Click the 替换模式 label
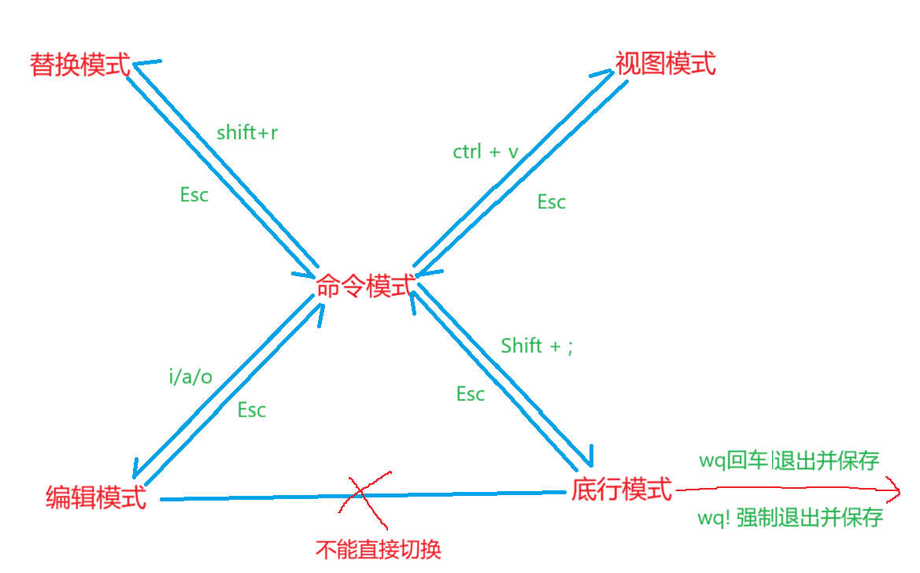click(x=80, y=64)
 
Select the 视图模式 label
click(x=666, y=63)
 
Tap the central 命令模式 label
click(x=364, y=286)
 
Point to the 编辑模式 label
click(x=97, y=497)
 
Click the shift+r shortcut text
click(x=247, y=133)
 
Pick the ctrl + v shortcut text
click(x=486, y=152)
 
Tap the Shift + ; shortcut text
click(x=537, y=346)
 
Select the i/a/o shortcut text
click(x=190, y=377)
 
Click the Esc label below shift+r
click(x=194, y=195)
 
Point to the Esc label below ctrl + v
click(x=552, y=202)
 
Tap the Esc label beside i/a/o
click(x=252, y=410)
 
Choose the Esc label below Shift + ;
click(x=471, y=394)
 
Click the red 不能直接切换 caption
click(x=379, y=549)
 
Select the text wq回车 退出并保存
click(x=789, y=460)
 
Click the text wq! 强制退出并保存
click(x=790, y=517)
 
